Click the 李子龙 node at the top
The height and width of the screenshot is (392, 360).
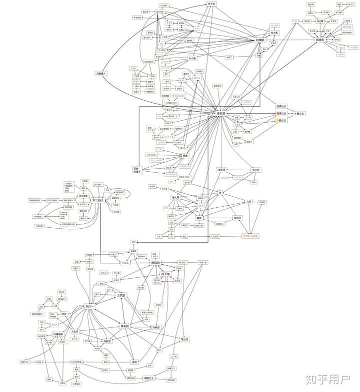[211, 4]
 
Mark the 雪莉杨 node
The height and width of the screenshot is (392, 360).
[125, 326]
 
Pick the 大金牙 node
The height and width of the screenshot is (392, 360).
[75, 331]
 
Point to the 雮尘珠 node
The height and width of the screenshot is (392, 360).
[184, 339]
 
